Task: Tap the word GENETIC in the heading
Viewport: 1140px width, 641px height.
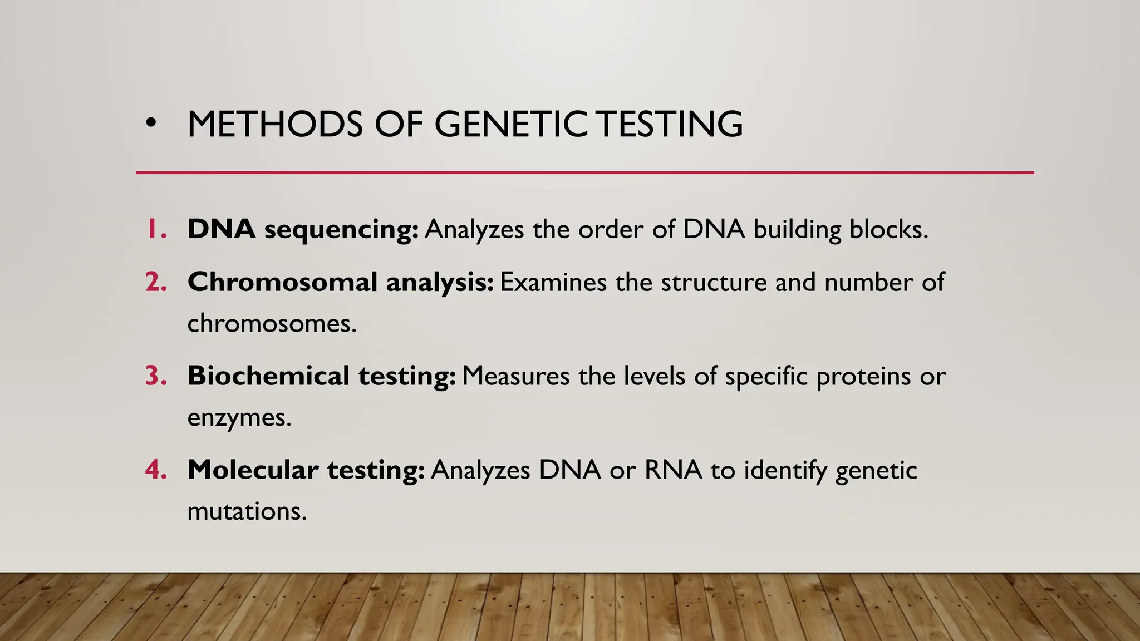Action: [x=510, y=124]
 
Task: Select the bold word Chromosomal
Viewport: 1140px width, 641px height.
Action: [x=283, y=282]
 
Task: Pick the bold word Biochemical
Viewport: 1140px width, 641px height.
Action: [x=268, y=376]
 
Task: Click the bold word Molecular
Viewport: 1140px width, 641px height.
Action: [x=253, y=470]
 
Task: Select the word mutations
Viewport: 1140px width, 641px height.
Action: [x=247, y=511]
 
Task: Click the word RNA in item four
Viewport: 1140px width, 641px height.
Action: [x=673, y=470]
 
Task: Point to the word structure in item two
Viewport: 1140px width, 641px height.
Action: [x=714, y=283]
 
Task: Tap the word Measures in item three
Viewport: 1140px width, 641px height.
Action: [x=515, y=376]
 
